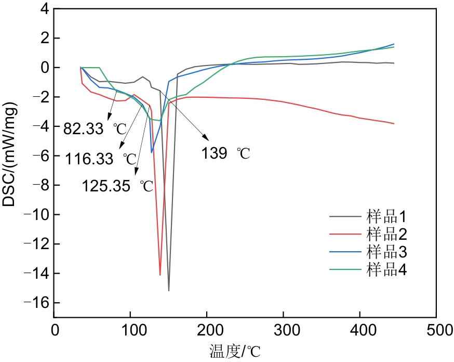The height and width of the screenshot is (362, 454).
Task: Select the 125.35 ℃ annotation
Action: point(117,186)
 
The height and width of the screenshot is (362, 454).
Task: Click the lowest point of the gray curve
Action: point(169,290)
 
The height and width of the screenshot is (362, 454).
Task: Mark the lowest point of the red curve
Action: point(160,275)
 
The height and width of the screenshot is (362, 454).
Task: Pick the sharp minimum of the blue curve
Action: point(152,152)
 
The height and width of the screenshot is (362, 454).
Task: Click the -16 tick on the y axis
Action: point(39,303)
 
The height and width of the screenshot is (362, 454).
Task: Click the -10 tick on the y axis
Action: point(39,215)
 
